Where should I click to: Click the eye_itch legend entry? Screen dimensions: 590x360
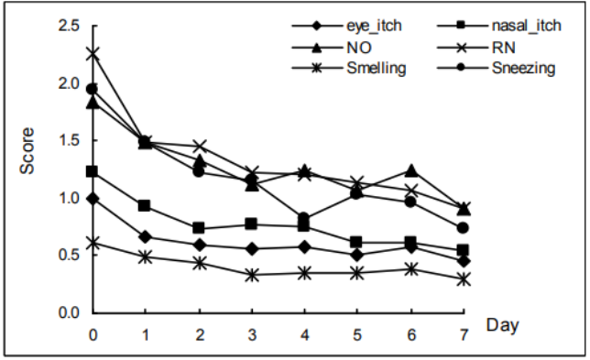[x=374, y=26]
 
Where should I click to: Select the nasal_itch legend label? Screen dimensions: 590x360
[x=527, y=26]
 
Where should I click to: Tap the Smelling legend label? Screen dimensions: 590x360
[x=377, y=69]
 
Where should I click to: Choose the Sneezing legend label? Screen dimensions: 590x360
[x=523, y=69]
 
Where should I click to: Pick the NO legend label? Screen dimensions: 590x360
[x=359, y=48]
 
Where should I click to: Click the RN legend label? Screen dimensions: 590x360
[x=503, y=48]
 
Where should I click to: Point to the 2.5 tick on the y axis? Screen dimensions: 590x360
[x=69, y=26]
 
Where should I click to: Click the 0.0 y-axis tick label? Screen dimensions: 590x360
[x=69, y=312]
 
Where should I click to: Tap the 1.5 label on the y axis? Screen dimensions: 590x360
[x=69, y=140]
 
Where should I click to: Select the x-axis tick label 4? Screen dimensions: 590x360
[x=304, y=334]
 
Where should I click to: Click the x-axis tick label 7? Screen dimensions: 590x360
[x=464, y=334]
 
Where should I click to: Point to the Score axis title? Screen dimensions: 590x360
[x=27, y=151]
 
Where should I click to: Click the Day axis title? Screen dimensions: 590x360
[x=502, y=325]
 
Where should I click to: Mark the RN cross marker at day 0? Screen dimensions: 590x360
[x=93, y=54]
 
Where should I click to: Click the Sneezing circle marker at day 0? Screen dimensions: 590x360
[x=93, y=89]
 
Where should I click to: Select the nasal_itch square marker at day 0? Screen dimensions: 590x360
[x=93, y=171]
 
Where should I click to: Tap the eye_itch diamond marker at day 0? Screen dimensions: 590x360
[x=93, y=199]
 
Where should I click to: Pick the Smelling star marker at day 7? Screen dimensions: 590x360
[x=464, y=279]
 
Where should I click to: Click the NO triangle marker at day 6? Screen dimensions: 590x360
[x=411, y=170]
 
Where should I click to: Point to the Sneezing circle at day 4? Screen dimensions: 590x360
[x=304, y=218]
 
